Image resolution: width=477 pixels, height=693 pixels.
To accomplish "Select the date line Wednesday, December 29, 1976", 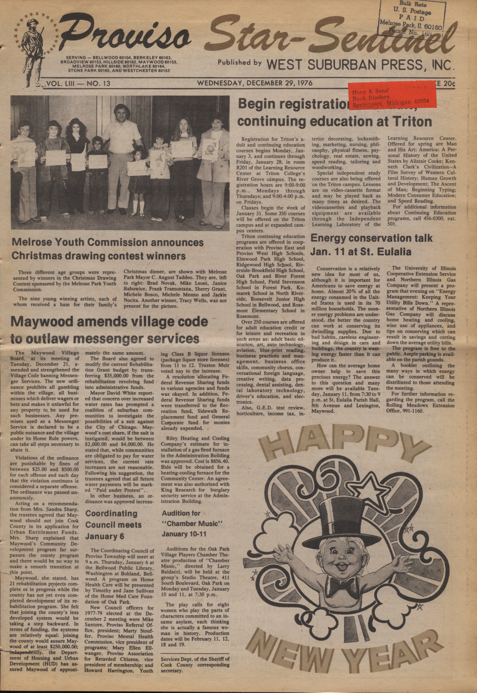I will (254, 83).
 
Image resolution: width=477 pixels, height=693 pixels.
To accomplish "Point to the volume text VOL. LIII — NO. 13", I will (78, 83).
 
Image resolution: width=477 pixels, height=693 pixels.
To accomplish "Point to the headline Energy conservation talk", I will (371, 238).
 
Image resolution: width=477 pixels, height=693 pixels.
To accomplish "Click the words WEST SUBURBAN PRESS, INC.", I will (358, 64).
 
